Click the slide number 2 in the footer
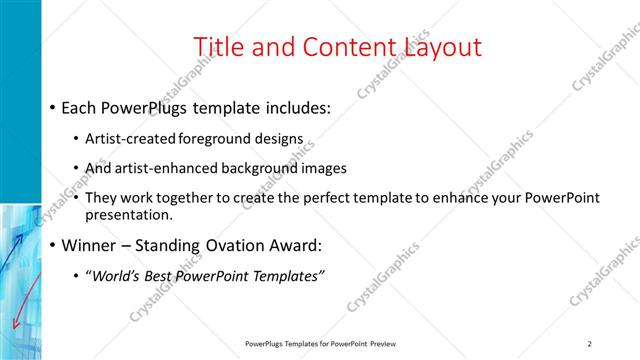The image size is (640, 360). coord(590,344)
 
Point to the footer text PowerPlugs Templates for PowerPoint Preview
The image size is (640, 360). coord(320,344)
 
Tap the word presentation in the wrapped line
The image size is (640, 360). coord(130,214)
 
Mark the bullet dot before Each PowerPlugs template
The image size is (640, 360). coord(52,108)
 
